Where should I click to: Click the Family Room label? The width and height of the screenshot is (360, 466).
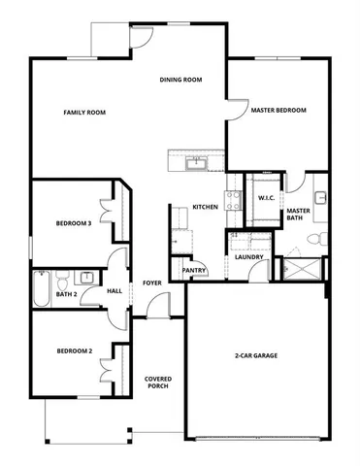84,113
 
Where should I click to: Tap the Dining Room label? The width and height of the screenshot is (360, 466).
180,80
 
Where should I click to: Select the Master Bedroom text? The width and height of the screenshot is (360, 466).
278,111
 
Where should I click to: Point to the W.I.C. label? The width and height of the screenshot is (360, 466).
267,198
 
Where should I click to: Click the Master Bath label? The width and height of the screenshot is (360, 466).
298,214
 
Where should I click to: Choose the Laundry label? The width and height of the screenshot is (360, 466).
249,256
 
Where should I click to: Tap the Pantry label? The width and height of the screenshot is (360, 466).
195,270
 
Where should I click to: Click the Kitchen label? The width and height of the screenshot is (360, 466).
205,207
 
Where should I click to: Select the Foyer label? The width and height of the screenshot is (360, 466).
152,283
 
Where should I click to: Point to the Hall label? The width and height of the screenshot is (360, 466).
115,290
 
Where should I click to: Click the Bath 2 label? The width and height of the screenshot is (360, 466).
66,293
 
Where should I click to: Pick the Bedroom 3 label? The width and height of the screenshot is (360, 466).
74,223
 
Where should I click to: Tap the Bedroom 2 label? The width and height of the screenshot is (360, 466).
74,350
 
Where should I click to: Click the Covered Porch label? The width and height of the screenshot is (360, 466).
158,383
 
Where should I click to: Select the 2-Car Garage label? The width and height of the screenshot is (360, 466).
256,355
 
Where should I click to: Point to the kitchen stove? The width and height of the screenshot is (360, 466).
234,200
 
